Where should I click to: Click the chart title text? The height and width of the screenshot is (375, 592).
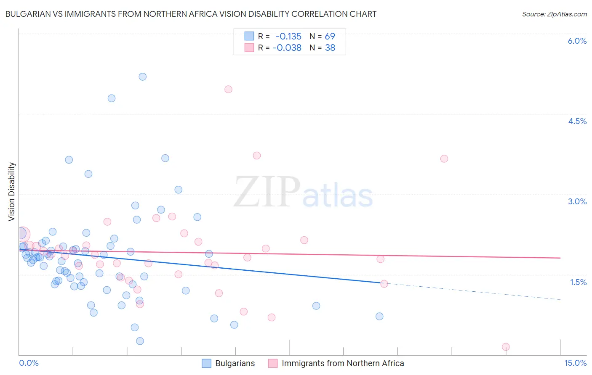coord(191,14)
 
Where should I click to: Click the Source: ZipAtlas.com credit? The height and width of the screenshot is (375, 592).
coord(554,14)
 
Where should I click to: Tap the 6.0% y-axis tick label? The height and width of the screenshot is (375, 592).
coord(577,41)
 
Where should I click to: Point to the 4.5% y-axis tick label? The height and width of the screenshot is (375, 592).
coord(577,121)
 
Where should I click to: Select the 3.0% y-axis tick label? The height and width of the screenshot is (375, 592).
coord(577,201)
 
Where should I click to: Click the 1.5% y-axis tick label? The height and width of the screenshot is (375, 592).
coord(578,282)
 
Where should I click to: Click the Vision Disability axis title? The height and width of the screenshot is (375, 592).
coord(12,192)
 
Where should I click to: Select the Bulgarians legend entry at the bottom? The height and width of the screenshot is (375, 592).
coord(235,364)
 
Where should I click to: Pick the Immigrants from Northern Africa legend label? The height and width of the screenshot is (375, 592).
coord(342,364)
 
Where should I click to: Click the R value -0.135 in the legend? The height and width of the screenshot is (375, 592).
coord(288,37)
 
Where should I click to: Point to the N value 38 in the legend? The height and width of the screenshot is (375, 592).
coord(330,48)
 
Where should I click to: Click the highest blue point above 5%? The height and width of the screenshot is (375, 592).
coord(143,77)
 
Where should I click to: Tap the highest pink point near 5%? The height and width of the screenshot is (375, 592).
coord(228,89)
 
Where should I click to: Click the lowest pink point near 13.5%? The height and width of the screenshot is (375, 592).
coord(506,347)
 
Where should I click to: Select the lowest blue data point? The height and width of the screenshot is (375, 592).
coord(140,341)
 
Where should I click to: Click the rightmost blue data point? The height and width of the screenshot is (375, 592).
coord(379,316)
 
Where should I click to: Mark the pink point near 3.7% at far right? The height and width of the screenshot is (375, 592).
coord(444,158)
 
